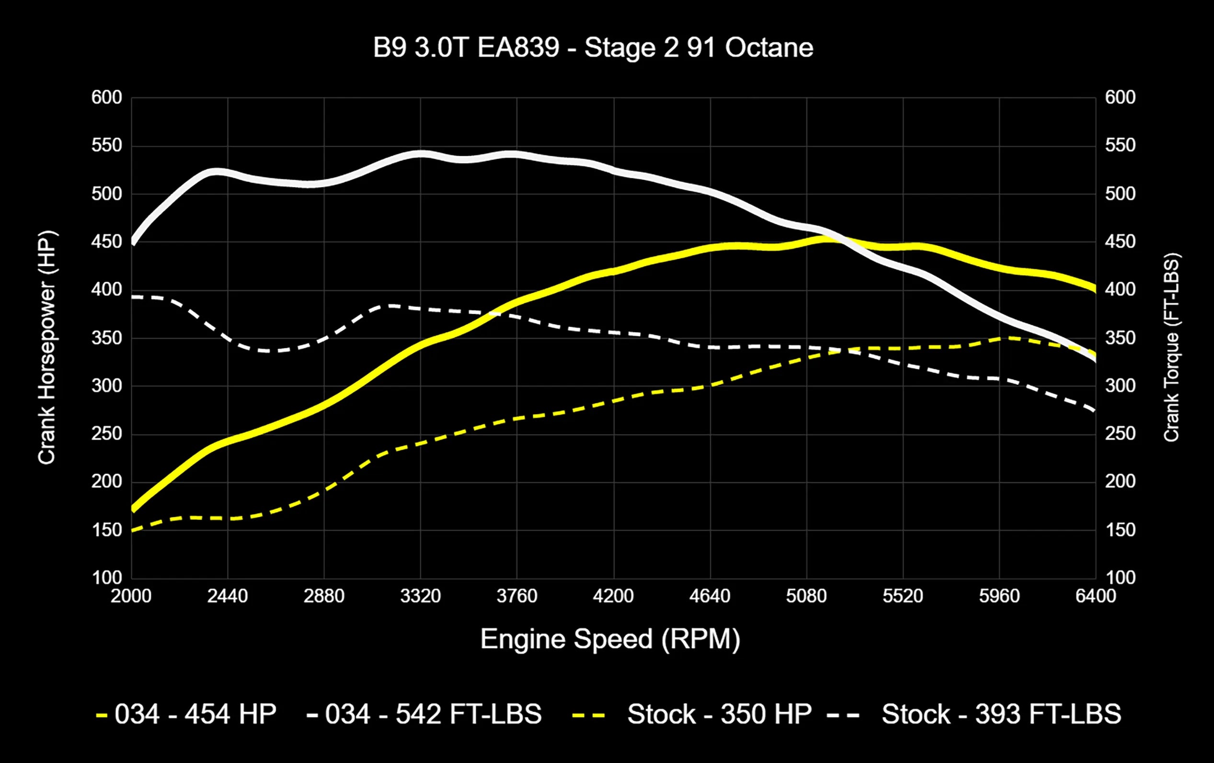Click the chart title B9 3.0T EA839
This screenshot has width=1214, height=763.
pyautogui.click(x=593, y=48)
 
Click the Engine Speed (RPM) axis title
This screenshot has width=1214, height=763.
pyautogui.click(x=610, y=639)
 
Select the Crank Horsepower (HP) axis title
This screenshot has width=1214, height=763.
pyautogui.click(x=47, y=348)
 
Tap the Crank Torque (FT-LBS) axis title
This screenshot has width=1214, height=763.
pyautogui.click(x=1171, y=348)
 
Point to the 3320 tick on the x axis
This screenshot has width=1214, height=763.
pyautogui.click(x=421, y=597)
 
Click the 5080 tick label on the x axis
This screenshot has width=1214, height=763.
pyautogui.click(x=806, y=597)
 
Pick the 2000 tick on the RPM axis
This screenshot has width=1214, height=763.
pyautogui.click(x=131, y=597)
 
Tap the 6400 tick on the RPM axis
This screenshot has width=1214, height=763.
pyautogui.click(x=1096, y=597)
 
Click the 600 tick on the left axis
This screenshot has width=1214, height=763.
pyautogui.click(x=106, y=97)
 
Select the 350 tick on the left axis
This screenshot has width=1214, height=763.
pyautogui.click(x=106, y=338)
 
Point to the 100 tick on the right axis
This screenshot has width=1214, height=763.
pyautogui.click(x=1120, y=578)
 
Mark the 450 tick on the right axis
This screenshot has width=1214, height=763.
pyautogui.click(x=1120, y=242)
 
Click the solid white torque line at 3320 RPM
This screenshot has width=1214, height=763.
pyautogui.click(x=421, y=154)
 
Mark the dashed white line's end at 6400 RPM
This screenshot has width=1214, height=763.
pyautogui.click(x=1095, y=411)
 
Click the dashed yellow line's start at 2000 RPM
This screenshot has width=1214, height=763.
pyautogui.click(x=133, y=531)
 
